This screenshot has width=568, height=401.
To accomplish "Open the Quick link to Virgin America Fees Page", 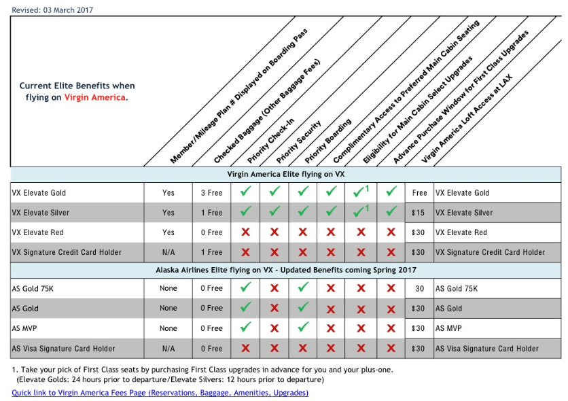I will pos(160,393).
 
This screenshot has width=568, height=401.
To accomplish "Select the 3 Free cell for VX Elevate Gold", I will pos(211,193).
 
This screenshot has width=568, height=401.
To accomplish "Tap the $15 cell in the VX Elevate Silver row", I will pos(419,213).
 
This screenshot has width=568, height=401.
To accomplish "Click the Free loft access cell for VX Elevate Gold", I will pos(419,193).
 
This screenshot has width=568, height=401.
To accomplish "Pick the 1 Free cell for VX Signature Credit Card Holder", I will pos(211,252).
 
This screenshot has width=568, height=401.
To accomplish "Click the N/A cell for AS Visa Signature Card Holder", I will pos(168,349).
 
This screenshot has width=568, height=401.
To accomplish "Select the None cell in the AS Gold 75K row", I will pos(168,288).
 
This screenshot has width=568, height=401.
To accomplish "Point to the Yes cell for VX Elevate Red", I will pos(168,232).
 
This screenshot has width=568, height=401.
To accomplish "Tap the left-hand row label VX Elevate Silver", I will pos(41,213).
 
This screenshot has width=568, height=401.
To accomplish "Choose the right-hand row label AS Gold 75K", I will pos(457,288).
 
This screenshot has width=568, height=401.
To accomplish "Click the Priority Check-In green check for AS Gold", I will pos(245,308).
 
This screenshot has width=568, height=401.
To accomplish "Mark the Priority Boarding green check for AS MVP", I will pos(303,328).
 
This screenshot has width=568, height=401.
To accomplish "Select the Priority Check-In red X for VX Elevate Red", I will pos(245,232).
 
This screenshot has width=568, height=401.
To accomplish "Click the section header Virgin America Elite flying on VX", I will pos(285,174).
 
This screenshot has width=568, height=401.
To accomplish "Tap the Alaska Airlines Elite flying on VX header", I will pos(285,270).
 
